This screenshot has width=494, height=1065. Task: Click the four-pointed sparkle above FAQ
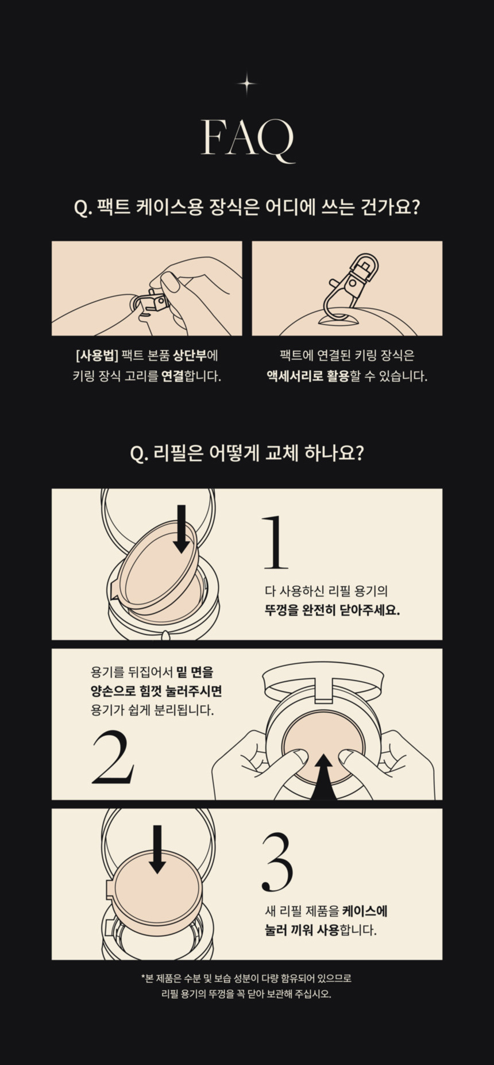click(247, 84)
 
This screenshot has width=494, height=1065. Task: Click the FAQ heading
click(248, 139)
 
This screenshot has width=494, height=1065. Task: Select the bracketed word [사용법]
click(97, 355)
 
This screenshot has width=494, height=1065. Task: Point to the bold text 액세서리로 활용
click(308, 376)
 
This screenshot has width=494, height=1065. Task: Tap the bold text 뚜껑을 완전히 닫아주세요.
click(332, 610)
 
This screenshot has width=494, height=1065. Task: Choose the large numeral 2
click(113, 757)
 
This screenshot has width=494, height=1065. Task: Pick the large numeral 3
click(277, 862)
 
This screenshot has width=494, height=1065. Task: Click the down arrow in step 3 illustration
click(157, 849)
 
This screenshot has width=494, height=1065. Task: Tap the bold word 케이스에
click(365, 911)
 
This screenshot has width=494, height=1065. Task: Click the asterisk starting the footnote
click(143, 976)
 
